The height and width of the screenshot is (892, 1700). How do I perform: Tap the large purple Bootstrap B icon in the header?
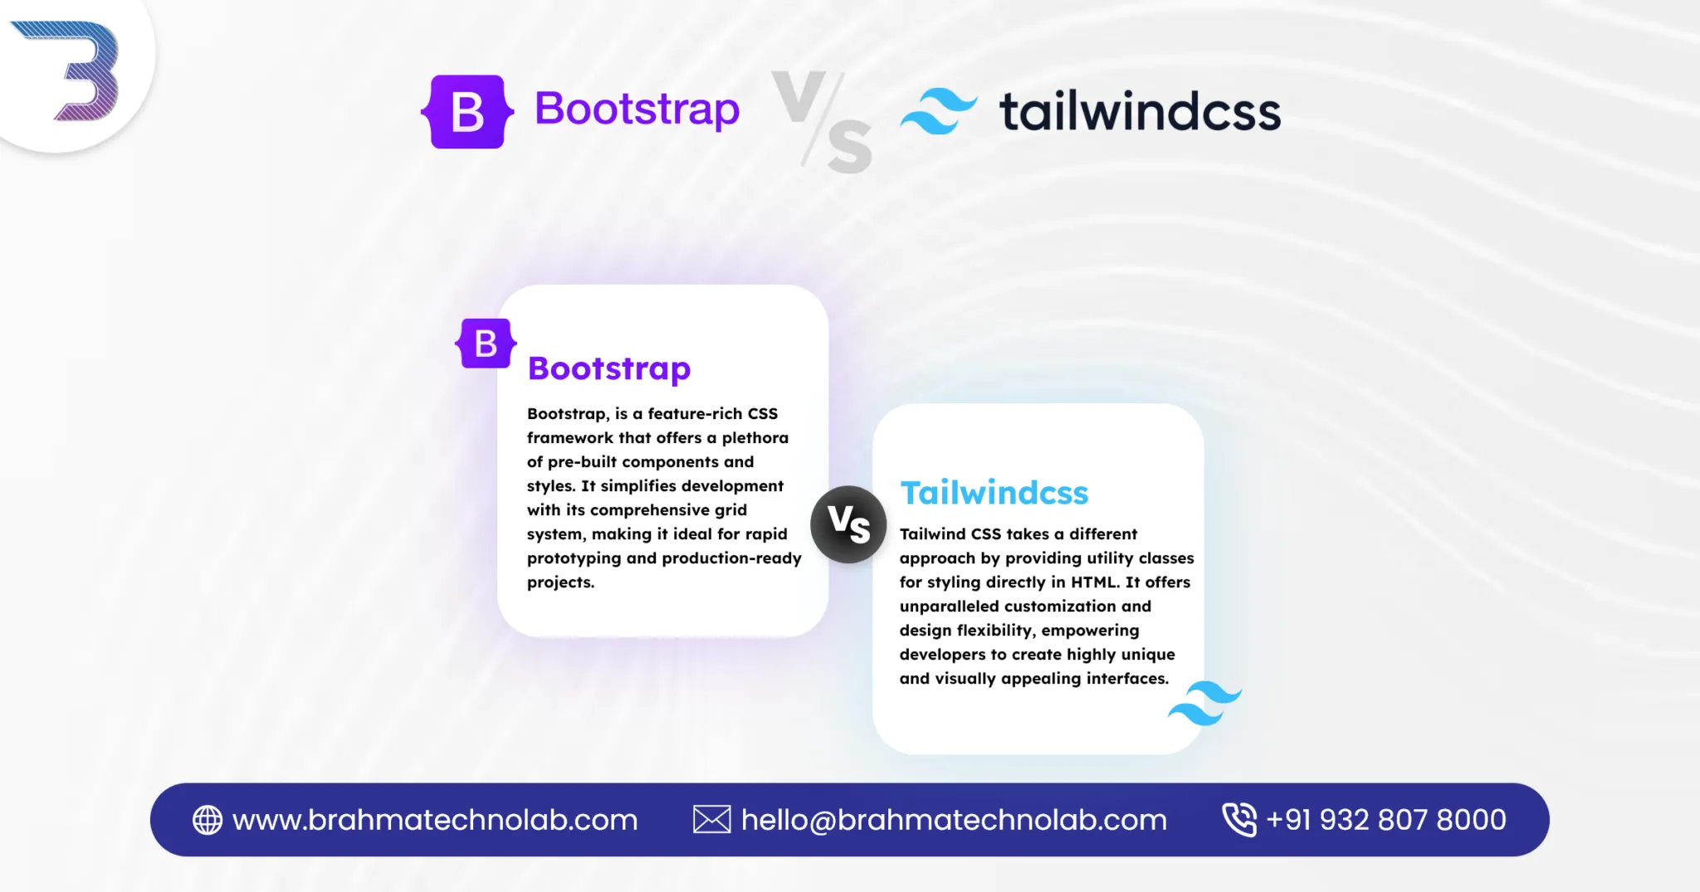(467, 112)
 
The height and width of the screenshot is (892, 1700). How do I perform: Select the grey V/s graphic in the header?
(822, 122)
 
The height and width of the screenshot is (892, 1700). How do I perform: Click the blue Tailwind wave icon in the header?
(939, 111)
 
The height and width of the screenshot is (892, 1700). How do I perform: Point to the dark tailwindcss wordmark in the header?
(1140, 111)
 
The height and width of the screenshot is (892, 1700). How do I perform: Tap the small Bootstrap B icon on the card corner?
(486, 343)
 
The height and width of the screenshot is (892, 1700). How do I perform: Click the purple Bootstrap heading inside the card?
(609, 368)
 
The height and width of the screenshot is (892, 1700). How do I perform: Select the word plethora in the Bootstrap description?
(755, 438)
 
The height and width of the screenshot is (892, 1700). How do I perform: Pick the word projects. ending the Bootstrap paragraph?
(561, 582)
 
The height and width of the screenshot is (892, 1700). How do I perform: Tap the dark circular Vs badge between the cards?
(848, 524)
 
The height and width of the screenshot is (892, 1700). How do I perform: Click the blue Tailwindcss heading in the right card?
(994, 493)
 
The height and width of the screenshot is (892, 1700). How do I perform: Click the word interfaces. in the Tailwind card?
(1128, 679)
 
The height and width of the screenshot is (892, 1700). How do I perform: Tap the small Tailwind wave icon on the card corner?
(1204, 704)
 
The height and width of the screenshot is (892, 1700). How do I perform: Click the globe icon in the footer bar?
(208, 820)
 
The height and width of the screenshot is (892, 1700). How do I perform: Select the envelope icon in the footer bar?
(712, 820)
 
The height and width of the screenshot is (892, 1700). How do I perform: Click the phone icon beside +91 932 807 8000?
(1239, 820)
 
